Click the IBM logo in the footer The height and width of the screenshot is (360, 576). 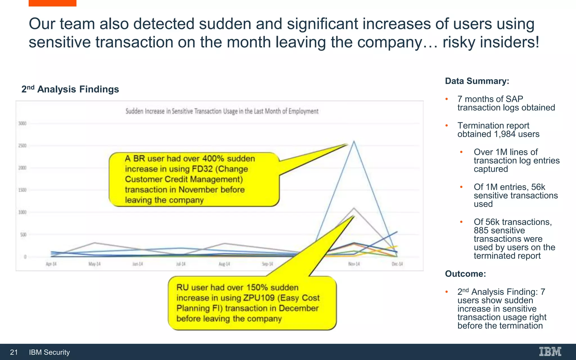[x=550, y=352]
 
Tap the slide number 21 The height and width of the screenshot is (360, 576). [x=14, y=352]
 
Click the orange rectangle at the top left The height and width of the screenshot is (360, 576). [x=52, y=3]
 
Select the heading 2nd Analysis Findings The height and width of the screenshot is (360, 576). [x=70, y=89]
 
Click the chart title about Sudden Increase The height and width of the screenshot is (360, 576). [x=222, y=111]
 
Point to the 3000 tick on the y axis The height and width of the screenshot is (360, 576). [x=22, y=123]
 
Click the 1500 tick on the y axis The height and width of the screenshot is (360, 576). [x=22, y=190]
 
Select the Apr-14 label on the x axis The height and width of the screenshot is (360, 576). [x=51, y=264]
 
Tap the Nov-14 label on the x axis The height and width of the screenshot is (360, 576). [x=354, y=264]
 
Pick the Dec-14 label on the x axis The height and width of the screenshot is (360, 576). [x=397, y=264]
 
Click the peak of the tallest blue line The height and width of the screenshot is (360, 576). [x=354, y=141]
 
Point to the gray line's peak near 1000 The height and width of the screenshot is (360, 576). [x=354, y=208]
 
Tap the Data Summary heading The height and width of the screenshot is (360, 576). [x=477, y=81]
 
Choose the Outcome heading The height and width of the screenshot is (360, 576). [x=465, y=274]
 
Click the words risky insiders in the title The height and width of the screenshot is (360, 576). [x=490, y=42]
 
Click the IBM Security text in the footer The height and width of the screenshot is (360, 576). [x=49, y=352]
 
